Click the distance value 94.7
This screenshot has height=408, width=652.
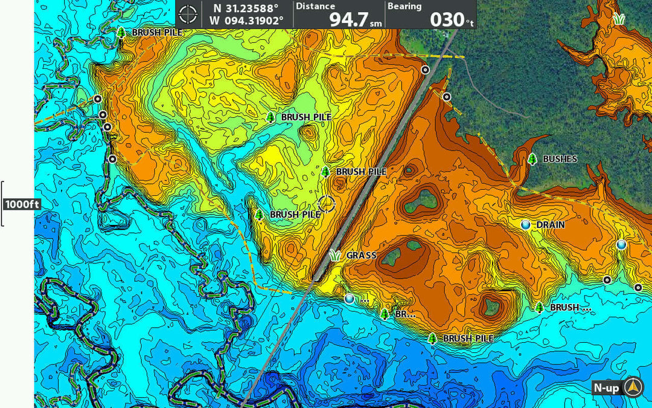(349, 19)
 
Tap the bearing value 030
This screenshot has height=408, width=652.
(447, 19)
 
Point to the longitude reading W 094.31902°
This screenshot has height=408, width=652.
(246, 21)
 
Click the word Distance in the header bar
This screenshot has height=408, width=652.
(315, 6)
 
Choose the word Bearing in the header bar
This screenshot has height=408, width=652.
(404, 6)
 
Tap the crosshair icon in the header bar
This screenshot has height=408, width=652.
(188, 13)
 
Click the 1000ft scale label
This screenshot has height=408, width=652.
(22, 204)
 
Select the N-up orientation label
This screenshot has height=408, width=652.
(606, 388)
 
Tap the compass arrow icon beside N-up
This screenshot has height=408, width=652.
(633, 387)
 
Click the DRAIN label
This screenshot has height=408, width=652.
(551, 225)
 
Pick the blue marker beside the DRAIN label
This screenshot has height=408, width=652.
(526, 225)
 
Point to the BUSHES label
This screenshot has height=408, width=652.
(560, 159)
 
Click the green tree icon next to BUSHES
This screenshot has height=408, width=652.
(532, 159)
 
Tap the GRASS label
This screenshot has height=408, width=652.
(362, 256)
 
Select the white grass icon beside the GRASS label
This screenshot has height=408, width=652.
(335, 255)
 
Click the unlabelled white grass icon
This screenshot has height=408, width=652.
(618, 19)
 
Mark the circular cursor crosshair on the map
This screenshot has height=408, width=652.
(327, 204)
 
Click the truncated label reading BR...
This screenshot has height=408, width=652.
(405, 314)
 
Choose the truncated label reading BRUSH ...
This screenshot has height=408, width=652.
(570, 308)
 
